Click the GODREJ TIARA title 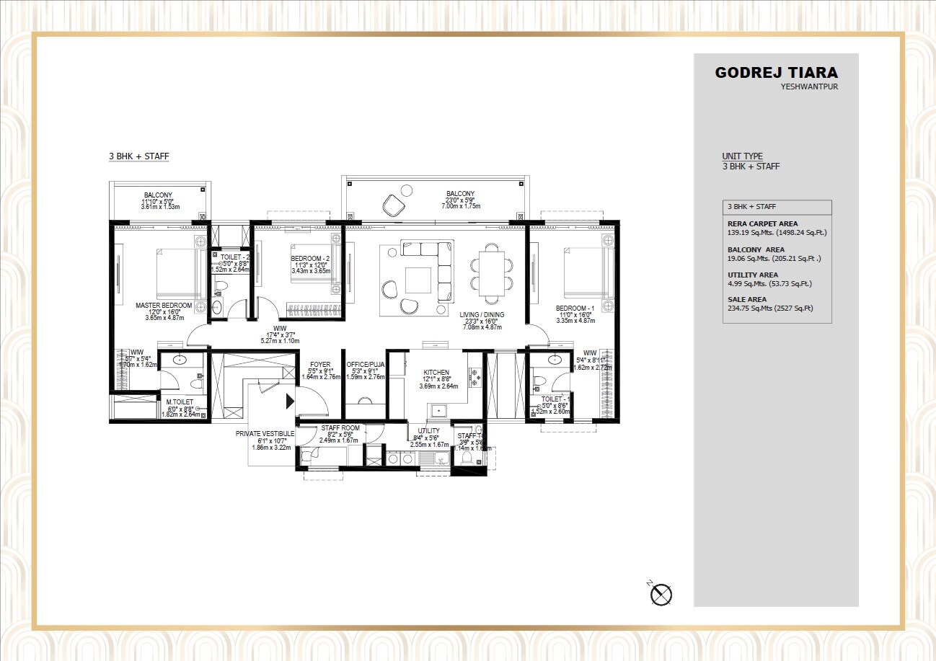776,73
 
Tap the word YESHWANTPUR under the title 809,87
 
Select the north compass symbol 661,594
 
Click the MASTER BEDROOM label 164,306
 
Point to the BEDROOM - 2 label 310,258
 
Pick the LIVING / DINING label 482,314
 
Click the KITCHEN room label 436,373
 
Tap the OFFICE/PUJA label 365,365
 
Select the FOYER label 319,365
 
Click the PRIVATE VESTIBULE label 265,434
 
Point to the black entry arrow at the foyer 291,401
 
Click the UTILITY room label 428,430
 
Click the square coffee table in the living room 418,279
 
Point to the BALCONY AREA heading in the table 754,249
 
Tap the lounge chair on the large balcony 394,205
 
